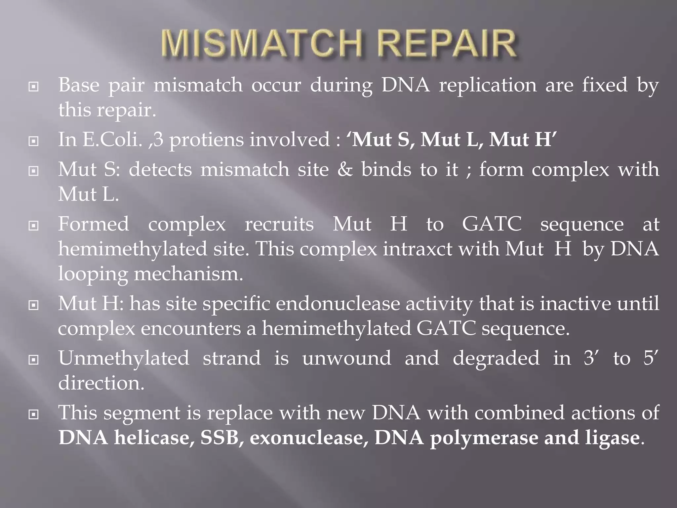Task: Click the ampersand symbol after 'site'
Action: (x=345, y=170)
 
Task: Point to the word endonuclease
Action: (x=338, y=304)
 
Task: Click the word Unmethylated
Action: (x=124, y=358)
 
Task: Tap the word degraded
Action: (x=496, y=358)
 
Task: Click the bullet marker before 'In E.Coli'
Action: (x=33, y=141)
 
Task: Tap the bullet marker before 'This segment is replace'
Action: (x=33, y=414)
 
